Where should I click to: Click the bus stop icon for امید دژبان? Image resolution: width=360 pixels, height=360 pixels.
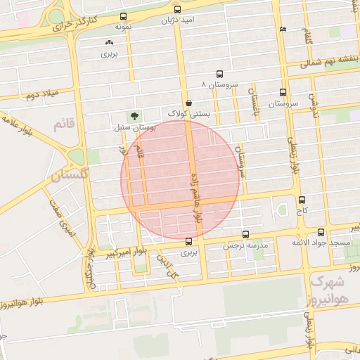coord(177,10)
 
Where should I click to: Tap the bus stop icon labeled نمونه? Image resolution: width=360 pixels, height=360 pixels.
coord(124,16)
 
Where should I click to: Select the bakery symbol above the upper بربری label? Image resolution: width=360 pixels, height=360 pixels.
coord(107,44)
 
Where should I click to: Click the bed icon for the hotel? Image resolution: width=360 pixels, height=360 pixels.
coord(283,29)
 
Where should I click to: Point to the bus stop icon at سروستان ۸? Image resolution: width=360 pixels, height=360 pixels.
coord(219,74)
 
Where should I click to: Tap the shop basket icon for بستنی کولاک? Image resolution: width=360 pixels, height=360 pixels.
coord(188,103)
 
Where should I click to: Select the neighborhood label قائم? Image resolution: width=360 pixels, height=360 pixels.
coord(63,124)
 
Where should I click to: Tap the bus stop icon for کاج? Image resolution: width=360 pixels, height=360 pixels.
coord(302,200)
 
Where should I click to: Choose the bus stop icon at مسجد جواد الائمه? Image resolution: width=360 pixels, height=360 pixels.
coord(321,232)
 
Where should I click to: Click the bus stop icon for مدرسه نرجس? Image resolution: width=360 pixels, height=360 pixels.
coord(245,234)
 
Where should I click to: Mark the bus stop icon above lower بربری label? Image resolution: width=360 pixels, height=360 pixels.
coord(187,240)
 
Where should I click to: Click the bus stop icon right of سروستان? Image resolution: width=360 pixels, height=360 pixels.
coord(283,92)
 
